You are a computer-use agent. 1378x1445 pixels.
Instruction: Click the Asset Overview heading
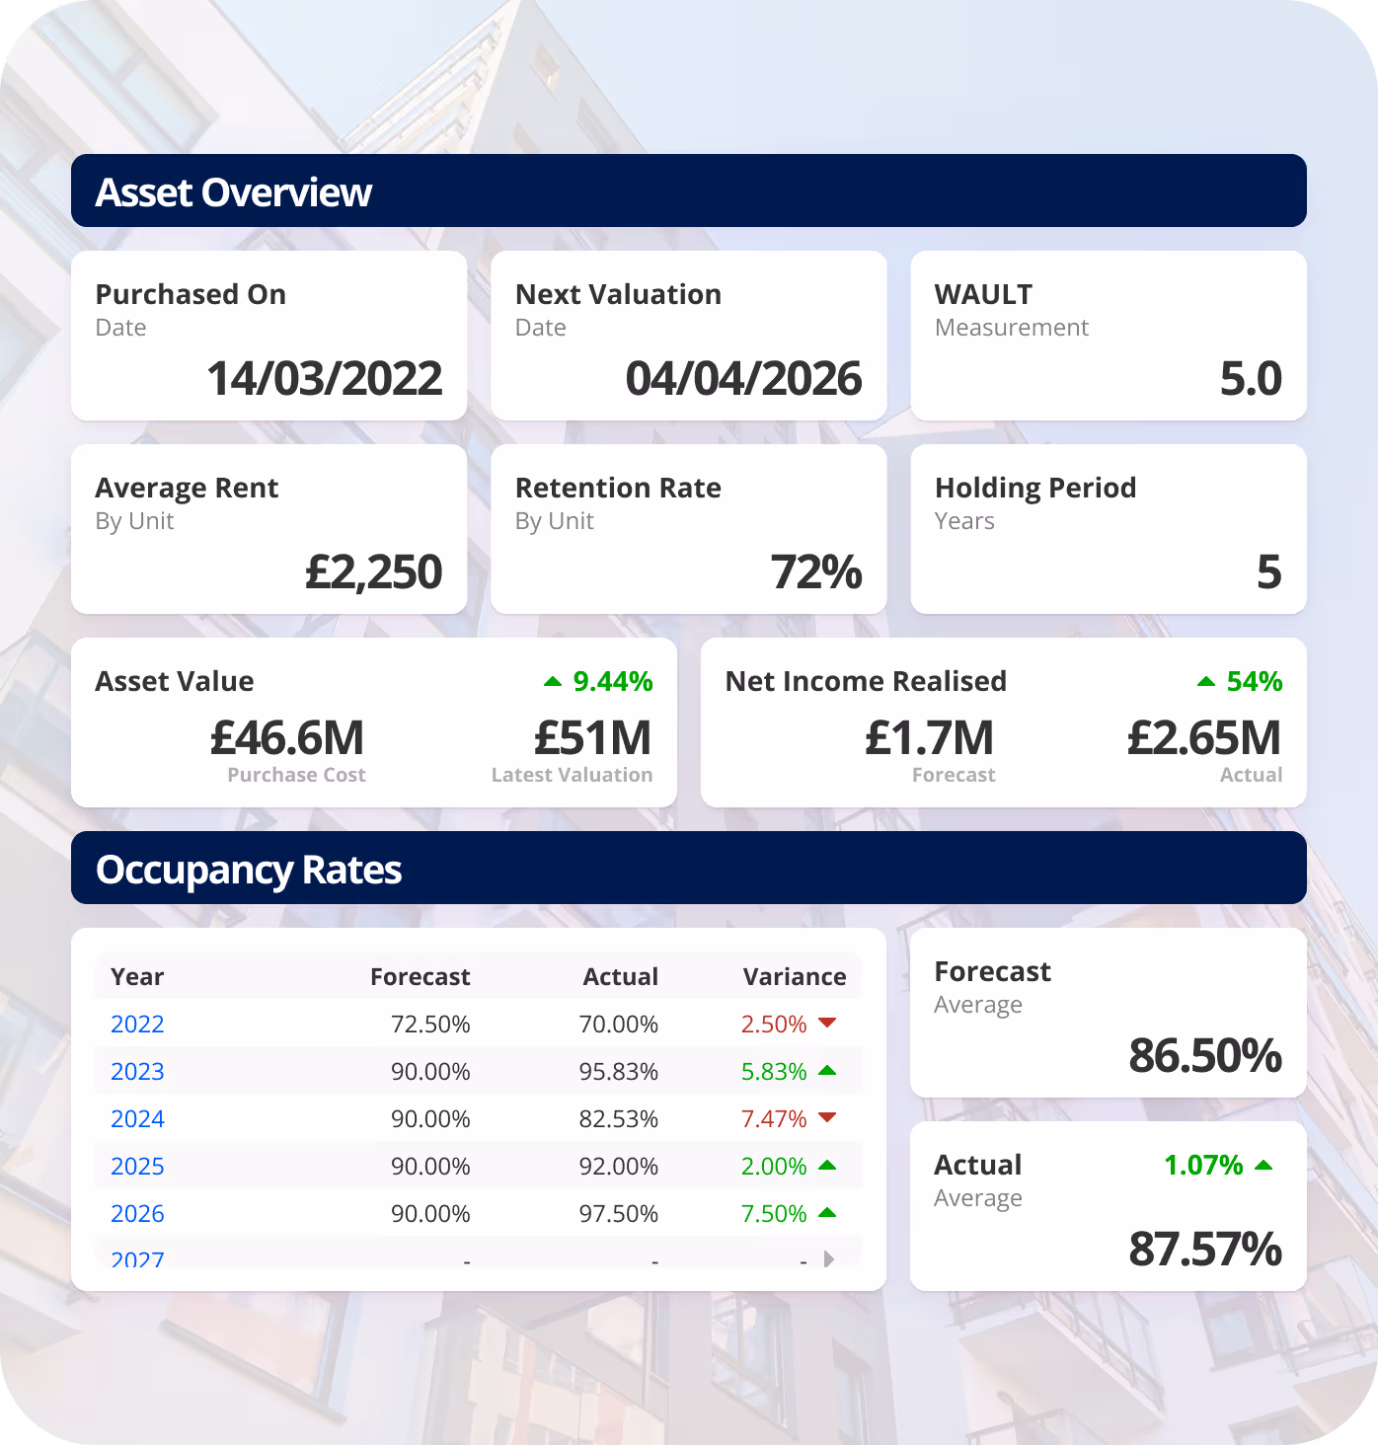tap(234, 192)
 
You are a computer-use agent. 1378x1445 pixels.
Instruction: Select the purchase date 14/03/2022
tap(325, 379)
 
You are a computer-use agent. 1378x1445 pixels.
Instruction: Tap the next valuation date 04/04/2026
tap(743, 379)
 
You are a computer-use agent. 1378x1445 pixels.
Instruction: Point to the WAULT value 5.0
tap(1251, 379)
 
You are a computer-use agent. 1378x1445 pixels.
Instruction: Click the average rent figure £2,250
tap(373, 572)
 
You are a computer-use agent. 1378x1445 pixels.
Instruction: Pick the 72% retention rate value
tap(816, 572)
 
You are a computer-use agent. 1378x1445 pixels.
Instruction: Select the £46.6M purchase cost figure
tap(287, 738)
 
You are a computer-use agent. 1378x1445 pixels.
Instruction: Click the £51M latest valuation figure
tap(592, 738)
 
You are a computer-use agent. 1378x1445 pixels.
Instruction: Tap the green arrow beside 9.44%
tap(553, 681)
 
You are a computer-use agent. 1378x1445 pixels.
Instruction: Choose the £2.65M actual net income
tap(1204, 738)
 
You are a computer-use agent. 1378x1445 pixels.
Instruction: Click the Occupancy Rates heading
tap(249, 870)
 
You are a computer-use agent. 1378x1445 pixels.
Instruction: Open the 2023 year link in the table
tap(137, 1072)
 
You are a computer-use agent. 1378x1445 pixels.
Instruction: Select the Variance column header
tap(795, 977)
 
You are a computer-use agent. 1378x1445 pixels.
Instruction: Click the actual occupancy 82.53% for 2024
tap(619, 1119)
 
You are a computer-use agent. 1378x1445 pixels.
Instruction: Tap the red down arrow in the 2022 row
tap(827, 1023)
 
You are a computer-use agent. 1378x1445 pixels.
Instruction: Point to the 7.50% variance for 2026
tap(774, 1214)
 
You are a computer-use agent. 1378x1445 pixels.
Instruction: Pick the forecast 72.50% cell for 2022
tap(430, 1025)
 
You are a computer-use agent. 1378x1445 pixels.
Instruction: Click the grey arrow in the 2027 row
tap(829, 1258)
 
